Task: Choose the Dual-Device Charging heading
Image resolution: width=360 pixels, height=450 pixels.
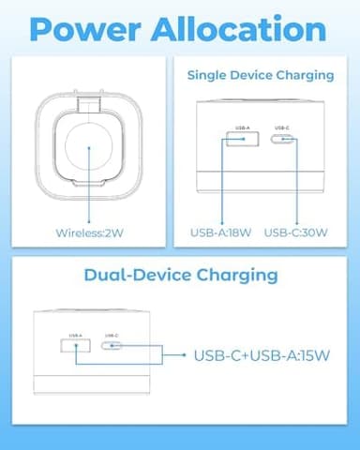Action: (x=181, y=275)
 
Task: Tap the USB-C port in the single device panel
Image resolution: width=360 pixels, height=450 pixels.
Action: (x=282, y=141)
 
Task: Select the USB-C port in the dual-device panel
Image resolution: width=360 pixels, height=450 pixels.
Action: (x=112, y=345)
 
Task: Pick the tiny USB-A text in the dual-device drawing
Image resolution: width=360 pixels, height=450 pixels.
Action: (x=75, y=334)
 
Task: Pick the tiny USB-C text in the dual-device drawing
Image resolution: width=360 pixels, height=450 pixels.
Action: (x=112, y=334)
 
